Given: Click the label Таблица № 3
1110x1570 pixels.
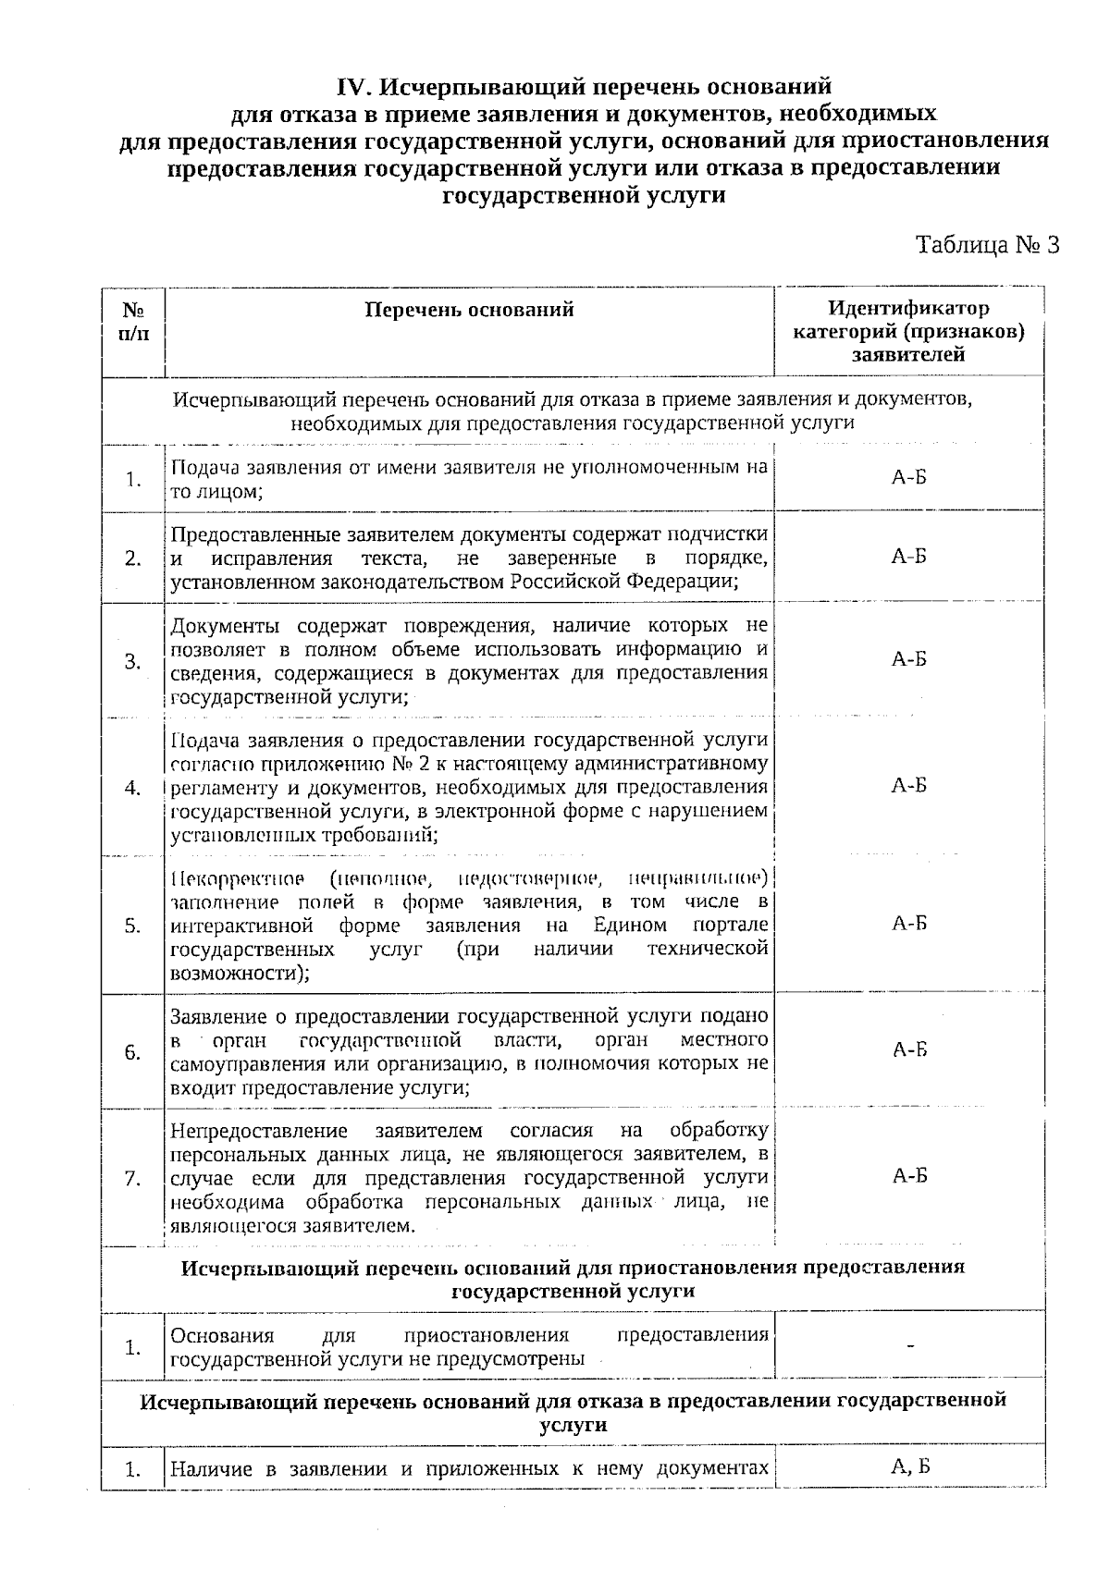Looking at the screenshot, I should tap(986, 245).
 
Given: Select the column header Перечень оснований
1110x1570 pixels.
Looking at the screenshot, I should tap(469, 310).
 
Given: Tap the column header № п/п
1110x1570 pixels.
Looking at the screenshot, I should tap(133, 321).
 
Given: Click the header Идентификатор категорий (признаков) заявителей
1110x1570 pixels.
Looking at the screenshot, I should tap(908, 331).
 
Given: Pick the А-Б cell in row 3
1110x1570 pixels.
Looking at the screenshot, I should tap(908, 659).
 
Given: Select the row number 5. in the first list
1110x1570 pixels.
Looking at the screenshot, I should tap(133, 926).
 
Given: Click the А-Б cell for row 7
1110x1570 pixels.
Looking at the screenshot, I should tap(908, 1176).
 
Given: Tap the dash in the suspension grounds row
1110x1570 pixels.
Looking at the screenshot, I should tap(910, 1346).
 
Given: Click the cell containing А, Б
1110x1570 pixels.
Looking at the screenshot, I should tap(908, 1466).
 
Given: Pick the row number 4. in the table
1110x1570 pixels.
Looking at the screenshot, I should tap(133, 788).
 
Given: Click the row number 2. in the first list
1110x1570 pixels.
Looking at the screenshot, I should tap(133, 558).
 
